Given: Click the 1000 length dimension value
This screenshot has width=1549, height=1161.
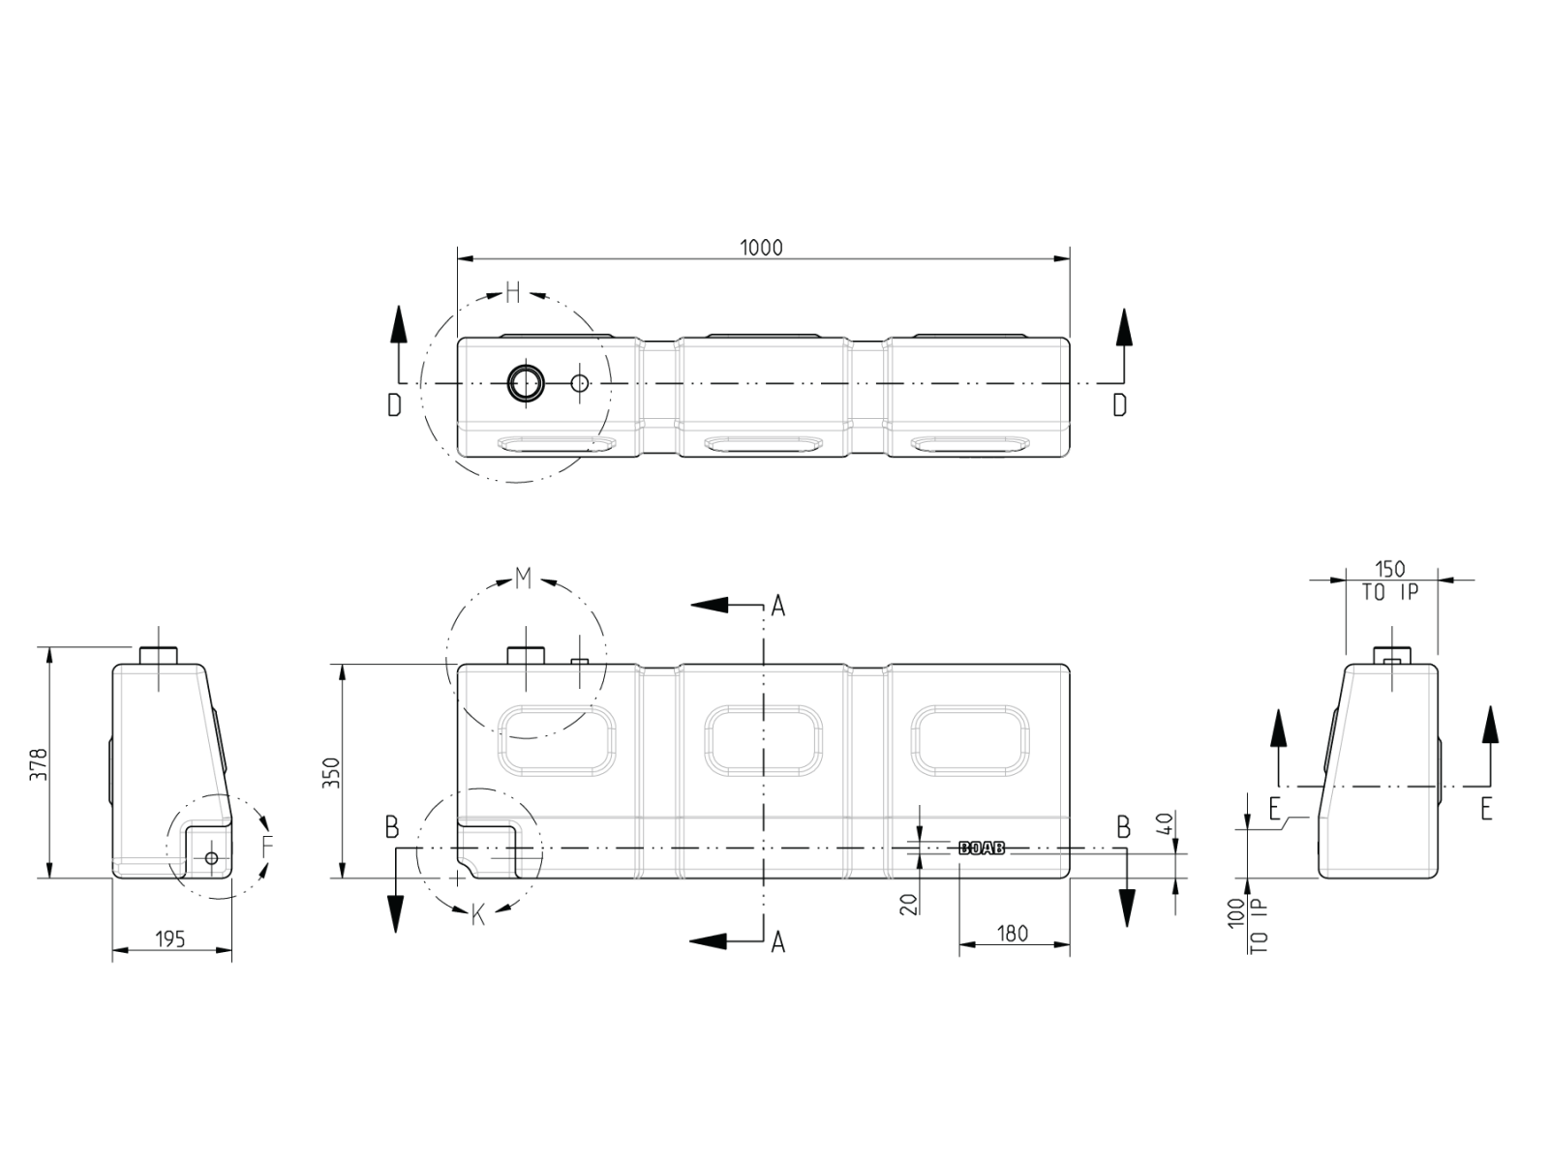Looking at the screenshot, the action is tap(761, 248).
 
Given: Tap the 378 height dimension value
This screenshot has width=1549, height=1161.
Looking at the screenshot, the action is tap(38, 764).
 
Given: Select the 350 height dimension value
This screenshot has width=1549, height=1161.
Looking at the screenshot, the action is tap(331, 773).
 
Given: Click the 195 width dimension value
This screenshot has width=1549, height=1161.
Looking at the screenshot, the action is tap(170, 939).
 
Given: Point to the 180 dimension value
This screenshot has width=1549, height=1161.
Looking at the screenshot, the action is tap(1013, 934).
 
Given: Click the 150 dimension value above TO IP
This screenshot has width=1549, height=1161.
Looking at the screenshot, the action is tap(1390, 569).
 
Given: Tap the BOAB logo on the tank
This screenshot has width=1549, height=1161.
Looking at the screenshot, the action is tap(982, 848).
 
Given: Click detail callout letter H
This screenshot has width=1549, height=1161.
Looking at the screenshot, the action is tap(513, 292).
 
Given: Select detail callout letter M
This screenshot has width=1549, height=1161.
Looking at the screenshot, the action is tap(523, 579).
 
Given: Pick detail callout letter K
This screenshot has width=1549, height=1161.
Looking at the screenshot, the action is tap(477, 915).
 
